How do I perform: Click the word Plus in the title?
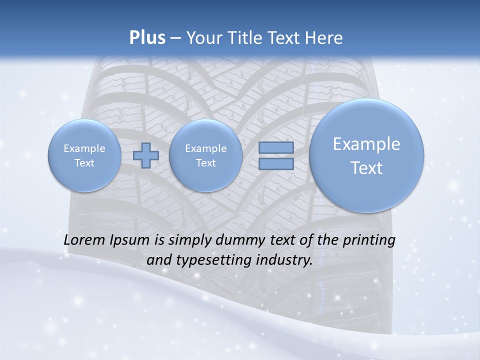147,38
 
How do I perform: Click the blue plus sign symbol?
146,155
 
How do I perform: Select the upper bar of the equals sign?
275,148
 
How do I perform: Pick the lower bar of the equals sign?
275,163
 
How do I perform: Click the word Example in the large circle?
366,144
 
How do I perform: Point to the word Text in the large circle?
366,168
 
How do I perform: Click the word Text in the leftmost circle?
84,163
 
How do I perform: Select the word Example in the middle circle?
205,148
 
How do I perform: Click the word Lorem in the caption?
85,240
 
